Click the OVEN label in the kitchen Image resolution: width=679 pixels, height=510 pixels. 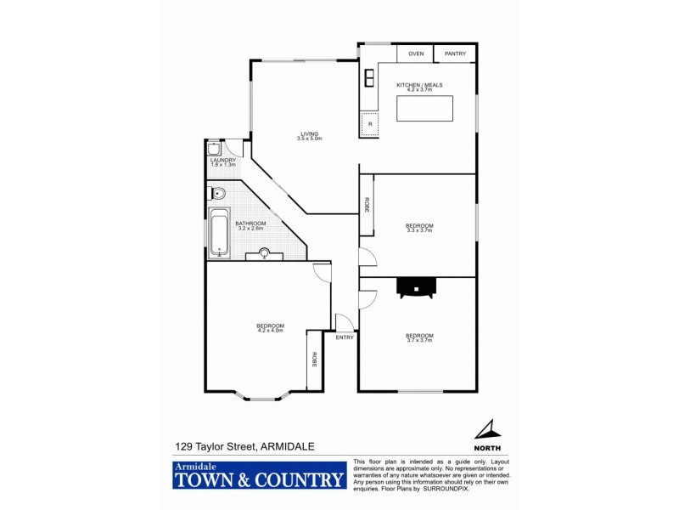tap(416, 54)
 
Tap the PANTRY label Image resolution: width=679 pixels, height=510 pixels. tap(455, 54)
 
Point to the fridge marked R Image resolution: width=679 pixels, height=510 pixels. tap(370, 124)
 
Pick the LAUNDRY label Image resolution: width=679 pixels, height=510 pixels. tap(222, 160)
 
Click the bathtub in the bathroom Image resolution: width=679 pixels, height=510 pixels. tap(219, 231)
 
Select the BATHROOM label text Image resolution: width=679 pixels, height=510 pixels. tap(250, 224)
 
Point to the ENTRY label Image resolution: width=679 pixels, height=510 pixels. tap(345, 337)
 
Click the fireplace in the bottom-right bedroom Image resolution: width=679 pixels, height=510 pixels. tap(417, 288)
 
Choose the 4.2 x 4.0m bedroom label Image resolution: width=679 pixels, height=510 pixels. tap(271, 328)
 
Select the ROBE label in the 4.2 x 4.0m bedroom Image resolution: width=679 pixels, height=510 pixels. tap(314, 359)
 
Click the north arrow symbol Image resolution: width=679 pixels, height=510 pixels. tap(486, 430)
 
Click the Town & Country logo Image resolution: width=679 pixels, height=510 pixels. tap(260, 476)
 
